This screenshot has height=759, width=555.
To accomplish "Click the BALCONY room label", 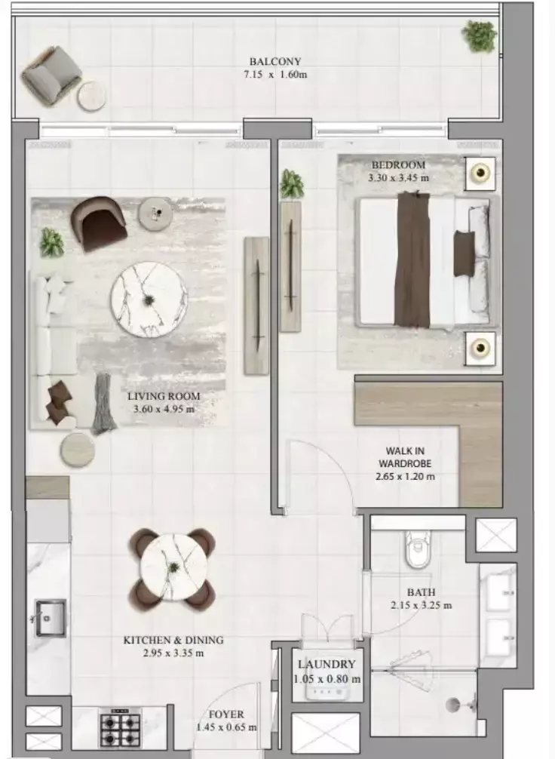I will (x=276, y=62).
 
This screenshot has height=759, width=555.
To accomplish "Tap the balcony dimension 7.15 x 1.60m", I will (x=276, y=75).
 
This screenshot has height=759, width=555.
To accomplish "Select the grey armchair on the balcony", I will (x=51, y=75).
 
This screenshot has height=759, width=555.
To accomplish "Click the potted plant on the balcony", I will (x=480, y=35).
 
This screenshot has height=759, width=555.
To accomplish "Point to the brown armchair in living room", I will (x=99, y=222).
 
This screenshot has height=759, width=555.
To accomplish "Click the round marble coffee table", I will (x=149, y=300).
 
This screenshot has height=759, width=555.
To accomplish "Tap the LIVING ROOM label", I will (x=163, y=397).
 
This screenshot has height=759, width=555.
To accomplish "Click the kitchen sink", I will (x=50, y=618).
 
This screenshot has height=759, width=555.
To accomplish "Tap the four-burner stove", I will (x=120, y=728).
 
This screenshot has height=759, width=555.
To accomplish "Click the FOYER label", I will (x=227, y=714).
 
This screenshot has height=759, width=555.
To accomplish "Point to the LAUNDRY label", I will (x=326, y=665).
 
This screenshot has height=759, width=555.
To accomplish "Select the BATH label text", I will (x=421, y=593).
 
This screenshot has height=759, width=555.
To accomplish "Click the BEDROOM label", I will (x=397, y=165).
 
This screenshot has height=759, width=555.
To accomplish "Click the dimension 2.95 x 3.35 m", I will (x=173, y=653).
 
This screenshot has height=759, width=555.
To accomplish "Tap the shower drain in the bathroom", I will (x=452, y=705).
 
